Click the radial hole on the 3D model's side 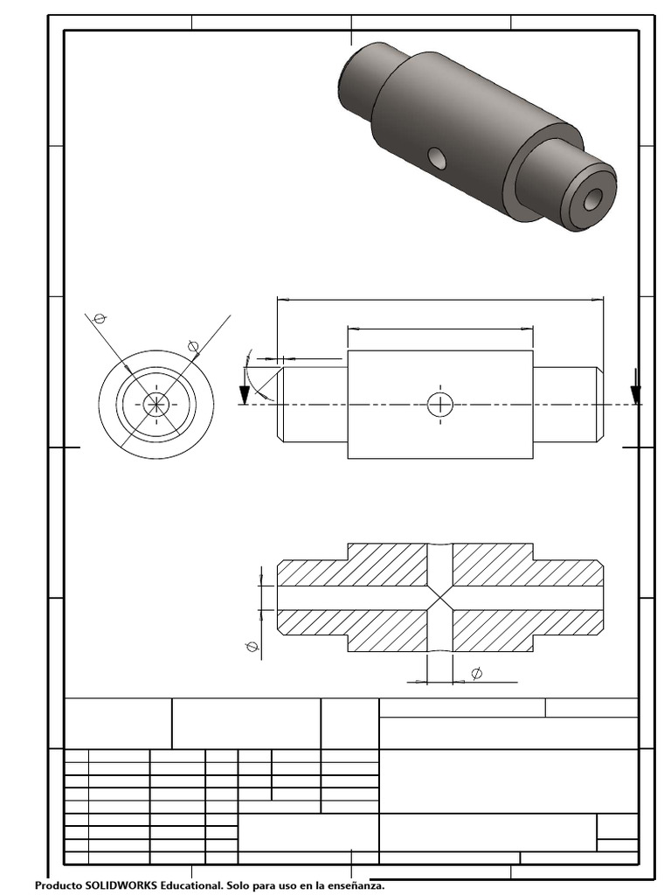[x=436, y=157]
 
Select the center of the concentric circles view [x=156, y=403]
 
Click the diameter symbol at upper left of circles [x=99, y=318]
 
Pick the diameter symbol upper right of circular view [x=194, y=346]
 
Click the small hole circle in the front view [x=440, y=404]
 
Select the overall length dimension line [x=439, y=299]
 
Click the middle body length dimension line [x=440, y=330]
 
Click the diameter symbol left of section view [x=252, y=647]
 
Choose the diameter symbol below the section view [x=476, y=673]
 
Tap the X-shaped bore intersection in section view [x=440, y=598]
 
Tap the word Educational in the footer [x=190, y=886]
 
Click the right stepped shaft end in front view [x=568, y=404]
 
